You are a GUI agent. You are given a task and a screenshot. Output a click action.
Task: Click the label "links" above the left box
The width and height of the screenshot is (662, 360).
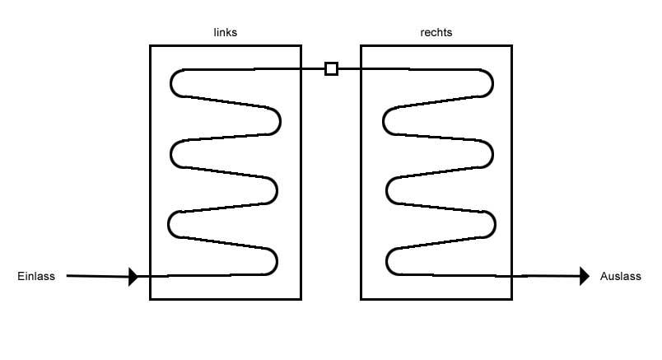pos(226,32)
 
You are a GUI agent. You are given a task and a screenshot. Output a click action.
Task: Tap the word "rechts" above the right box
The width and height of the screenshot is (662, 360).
pos(436,32)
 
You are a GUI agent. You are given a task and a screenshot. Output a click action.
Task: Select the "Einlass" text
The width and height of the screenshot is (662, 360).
pos(36,276)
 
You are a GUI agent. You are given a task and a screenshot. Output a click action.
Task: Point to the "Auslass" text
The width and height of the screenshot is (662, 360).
pos(621,276)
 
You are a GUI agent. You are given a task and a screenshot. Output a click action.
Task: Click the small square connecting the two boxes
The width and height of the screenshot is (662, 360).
pos(332,68)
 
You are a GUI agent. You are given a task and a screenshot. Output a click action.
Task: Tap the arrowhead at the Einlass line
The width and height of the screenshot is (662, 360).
pos(133,277)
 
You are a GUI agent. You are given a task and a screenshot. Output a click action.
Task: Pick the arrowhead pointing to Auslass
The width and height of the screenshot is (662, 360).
pos(585,276)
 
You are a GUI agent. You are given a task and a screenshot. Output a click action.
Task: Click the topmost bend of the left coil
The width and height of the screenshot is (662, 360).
pos(171,83)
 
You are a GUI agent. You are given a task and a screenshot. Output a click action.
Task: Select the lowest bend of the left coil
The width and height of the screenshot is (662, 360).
pos(277,262)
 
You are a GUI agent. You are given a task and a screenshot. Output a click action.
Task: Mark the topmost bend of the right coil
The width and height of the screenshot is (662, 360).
pos(492,83)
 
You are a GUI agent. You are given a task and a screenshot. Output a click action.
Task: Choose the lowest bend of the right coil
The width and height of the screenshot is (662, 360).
pos(387,262)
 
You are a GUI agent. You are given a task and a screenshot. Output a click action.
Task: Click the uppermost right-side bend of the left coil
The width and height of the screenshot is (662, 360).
pos(280,121)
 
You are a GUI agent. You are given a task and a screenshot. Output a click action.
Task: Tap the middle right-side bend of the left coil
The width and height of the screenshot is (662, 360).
pos(277,191)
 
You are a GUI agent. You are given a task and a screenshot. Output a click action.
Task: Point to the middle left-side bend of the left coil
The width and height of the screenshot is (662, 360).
pos(171,154)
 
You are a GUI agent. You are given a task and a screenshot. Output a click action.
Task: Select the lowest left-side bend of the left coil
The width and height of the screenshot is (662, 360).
pos(169,225)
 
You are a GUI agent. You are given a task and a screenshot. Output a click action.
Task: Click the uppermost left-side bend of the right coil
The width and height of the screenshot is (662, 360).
pos(384,121)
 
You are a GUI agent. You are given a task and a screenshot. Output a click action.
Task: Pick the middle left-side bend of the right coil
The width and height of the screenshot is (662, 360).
pos(387,191)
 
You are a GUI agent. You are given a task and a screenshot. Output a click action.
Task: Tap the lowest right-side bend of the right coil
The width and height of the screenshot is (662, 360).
pos(494,224)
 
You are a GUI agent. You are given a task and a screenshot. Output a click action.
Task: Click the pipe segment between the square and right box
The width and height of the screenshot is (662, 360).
pos(349,68)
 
